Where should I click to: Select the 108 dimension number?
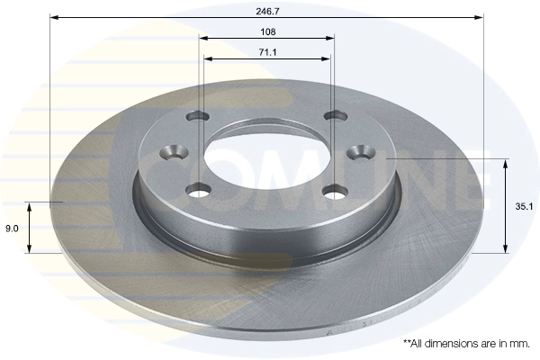(x=266, y=31)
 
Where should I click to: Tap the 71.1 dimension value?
(x=266, y=53)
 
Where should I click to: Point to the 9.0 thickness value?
(x=12, y=229)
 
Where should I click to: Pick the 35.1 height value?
(x=521, y=205)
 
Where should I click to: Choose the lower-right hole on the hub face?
(x=335, y=191)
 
